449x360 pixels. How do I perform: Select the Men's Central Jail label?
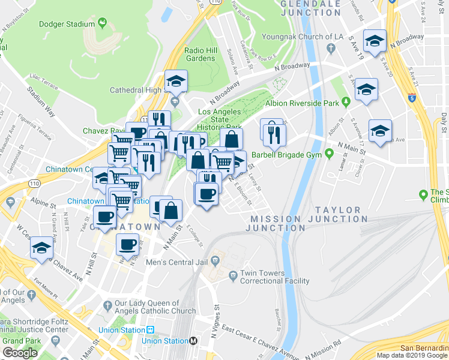click(x=178, y=262)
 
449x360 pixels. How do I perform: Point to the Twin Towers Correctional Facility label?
click(x=274, y=277)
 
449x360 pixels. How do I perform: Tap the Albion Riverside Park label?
click(x=303, y=103)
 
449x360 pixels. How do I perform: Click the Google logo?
click(x=20, y=353)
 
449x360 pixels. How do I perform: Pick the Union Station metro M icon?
click(x=193, y=341)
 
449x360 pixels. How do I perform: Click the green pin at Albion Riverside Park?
click(x=346, y=101)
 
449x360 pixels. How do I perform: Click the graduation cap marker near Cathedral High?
click(x=176, y=81)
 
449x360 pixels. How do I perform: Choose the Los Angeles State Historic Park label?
click(x=220, y=119)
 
